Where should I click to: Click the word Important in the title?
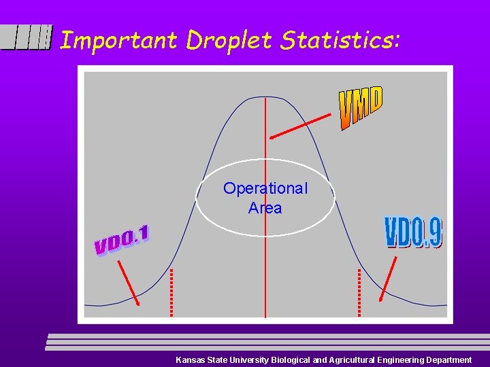click(x=119, y=41)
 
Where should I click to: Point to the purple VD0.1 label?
click(x=122, y=240)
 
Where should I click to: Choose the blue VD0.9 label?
click(x=414, y=232)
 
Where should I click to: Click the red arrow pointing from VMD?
click(x=300, y=126)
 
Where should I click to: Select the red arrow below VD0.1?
click(x=128, y=281)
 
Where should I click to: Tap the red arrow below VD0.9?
click(x=388, y=279)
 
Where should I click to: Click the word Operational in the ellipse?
click(x=265, y=188)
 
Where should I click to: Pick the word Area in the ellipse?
click(x=265, y=208)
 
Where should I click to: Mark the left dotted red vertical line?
click(x=171, y=292)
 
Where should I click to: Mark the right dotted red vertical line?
click(x=359, y=292)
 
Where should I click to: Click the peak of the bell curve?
click(x=265, y=98)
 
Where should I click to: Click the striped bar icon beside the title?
click(x=27, y=37)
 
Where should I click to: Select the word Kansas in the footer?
click(x=190, y=360)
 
